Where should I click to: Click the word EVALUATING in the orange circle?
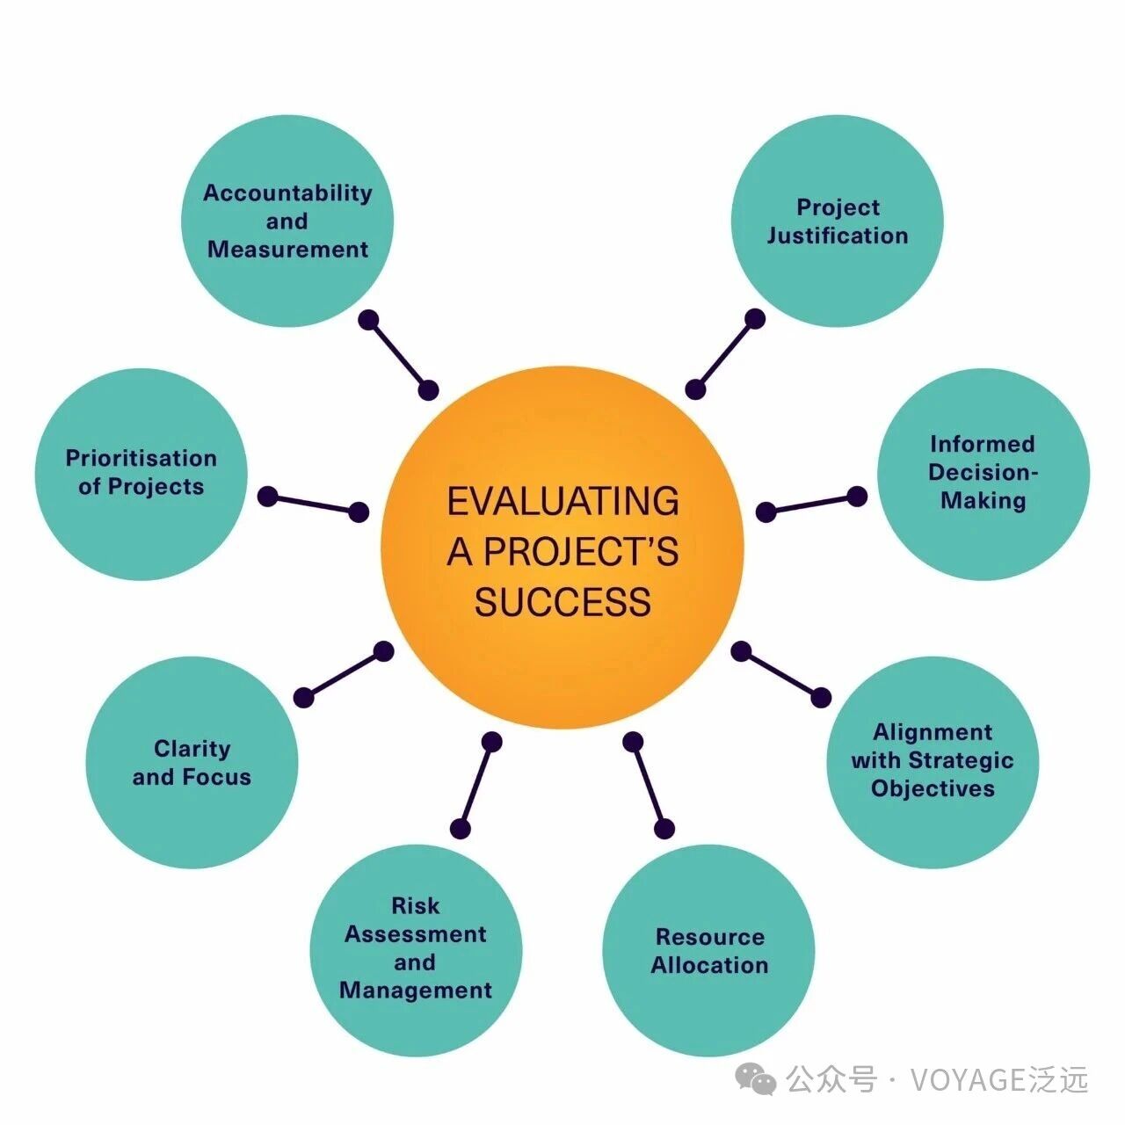(x=562, y=501)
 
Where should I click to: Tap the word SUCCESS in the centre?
(x=562, y=603)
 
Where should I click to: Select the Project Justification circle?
(x=837, y=221)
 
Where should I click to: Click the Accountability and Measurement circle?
(x=287, y=221)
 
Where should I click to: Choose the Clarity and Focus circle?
(x=192, y=763)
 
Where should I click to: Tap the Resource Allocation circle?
(x=708, y=951)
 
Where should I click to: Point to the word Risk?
(x=415, y=905)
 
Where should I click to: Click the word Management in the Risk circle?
(x=415, y=991)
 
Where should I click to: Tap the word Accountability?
(x=287, y=192)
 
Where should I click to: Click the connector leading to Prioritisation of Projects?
(x=313, y=504)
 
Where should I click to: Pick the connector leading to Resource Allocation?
(x=649, y=785)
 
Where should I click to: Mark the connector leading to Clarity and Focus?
(x=344, y=674)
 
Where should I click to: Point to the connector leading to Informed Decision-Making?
(x=811, y=504)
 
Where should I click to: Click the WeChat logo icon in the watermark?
(x=756, y=1078)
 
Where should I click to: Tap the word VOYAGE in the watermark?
(x=968, y=1079)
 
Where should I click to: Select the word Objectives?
(x=933, y=788)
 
